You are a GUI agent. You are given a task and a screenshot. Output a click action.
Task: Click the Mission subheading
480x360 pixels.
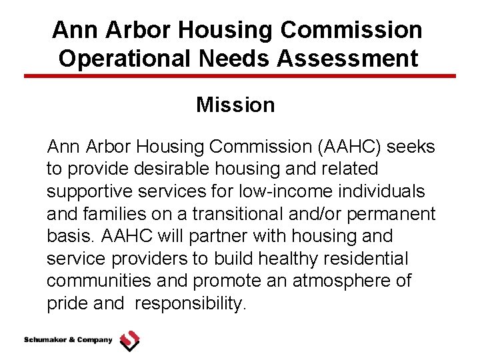pyautogui.click(x=235, y=105)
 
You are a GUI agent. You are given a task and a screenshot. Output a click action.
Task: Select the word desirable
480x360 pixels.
pyautogui.click(x=183, y=169)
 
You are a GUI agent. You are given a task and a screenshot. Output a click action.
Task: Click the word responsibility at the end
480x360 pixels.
pyautogui.click(x=191, y=304)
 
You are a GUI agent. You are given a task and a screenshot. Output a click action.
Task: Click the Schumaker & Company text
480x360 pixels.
pyautogui.click(x=68, y=340)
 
